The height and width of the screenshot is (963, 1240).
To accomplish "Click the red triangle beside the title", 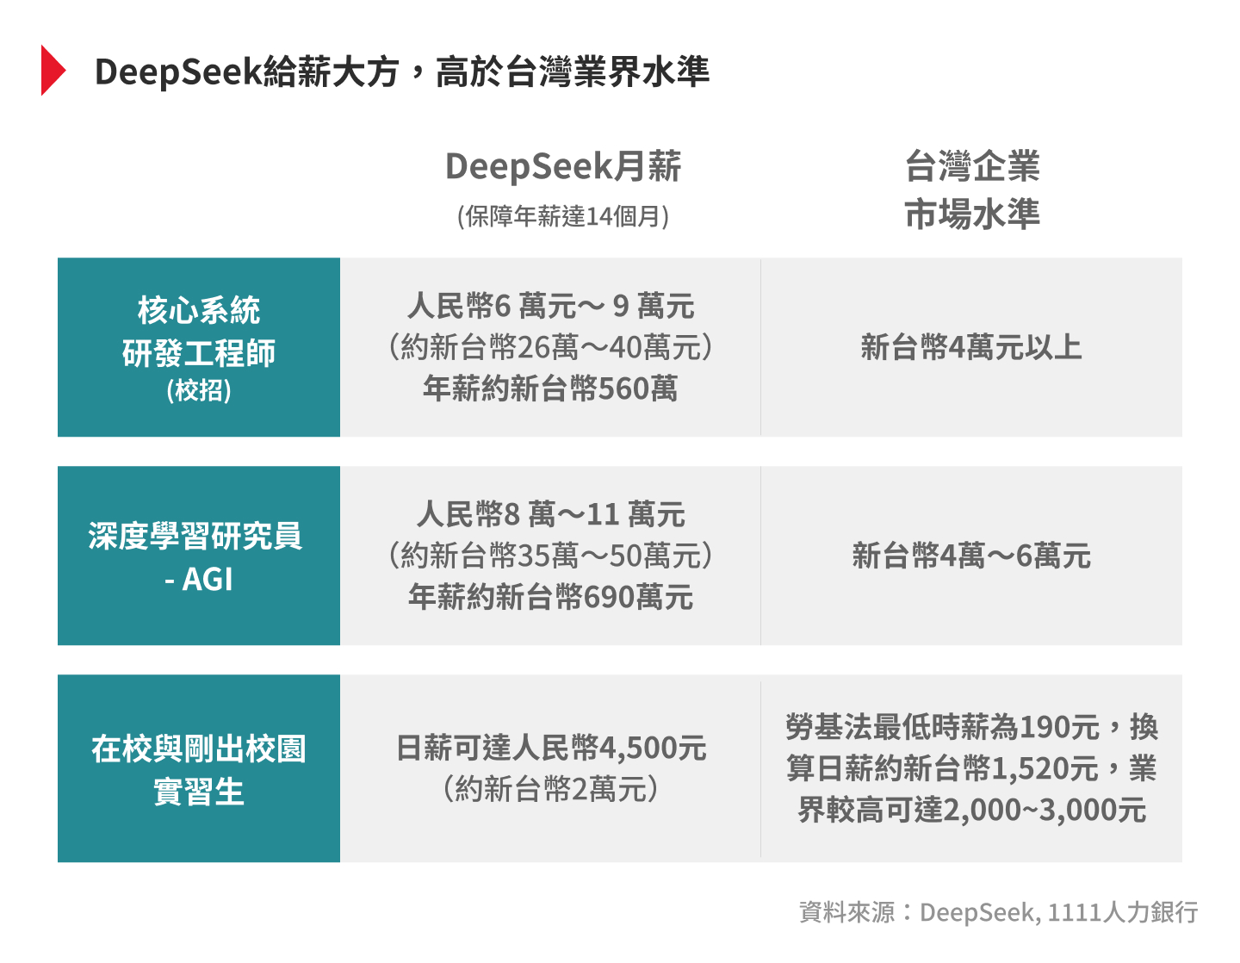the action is pos(53,71).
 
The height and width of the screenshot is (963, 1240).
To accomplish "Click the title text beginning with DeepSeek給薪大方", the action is pos(401,71).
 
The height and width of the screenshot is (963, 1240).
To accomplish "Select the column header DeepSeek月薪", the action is pos(563,166).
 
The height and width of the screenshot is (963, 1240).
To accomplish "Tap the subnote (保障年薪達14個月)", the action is pos(563,216).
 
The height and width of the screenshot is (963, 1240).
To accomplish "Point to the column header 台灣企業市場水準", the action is pos(971,189).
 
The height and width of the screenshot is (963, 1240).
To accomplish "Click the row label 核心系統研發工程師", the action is pos(199,332).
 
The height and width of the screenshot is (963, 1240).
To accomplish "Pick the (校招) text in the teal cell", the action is pos(199,390).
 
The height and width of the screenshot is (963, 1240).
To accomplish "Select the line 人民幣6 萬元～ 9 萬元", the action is pos(551,306).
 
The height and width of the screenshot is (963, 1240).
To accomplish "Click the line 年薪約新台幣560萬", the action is pos(551,388).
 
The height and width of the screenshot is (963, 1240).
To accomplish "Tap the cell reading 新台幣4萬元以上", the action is pos(971,347).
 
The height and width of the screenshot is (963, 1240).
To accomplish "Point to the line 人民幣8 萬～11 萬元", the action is pos(551,514).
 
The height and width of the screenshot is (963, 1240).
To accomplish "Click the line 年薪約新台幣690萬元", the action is pos(551,597).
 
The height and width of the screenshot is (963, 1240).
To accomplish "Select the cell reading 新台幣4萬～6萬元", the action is pos(971,556).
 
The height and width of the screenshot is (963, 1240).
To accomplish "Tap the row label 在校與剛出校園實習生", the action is pos(199,769).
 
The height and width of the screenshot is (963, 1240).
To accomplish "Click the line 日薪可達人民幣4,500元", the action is pos(551,748).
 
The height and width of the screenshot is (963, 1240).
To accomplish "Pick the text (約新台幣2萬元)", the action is pos(551,789).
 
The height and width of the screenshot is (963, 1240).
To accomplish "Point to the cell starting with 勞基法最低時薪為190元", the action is pos(971,768).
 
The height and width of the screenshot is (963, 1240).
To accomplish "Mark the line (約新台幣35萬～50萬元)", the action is pos(551,556).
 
